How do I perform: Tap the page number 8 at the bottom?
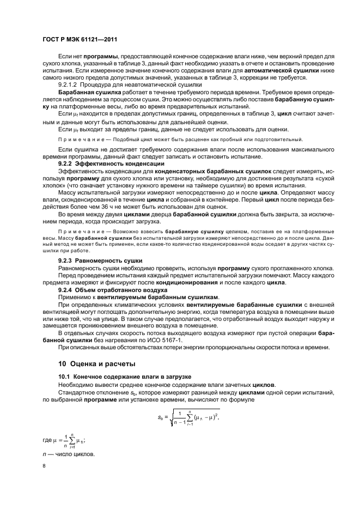pyautogui.click(x=44, y=466)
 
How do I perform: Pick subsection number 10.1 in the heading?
pyautogui.click(x=64, y=377)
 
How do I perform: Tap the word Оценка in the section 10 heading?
pyautogui.click(x=83, y=363)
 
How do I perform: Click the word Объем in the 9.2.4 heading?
pyautogui.click(x=84, y=290)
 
